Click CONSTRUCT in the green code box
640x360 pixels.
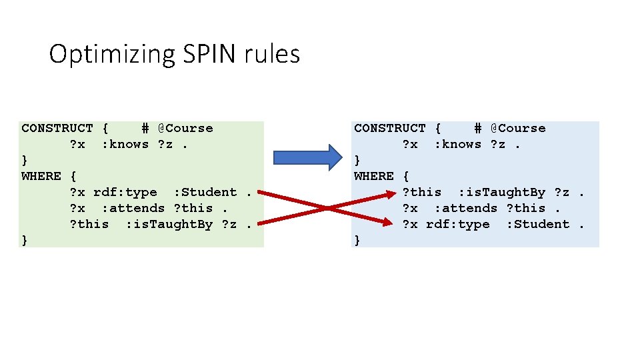click(57, 128)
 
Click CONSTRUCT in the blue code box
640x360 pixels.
click(389, 128)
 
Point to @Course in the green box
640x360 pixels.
click(185, 128)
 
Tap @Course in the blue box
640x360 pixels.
click(518, 128)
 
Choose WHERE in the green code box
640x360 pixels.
click(41, 176)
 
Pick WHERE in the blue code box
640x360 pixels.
click(374, 176)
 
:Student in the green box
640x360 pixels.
click(205, 192)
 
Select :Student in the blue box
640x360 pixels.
click(538, 224)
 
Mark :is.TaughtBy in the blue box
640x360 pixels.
click(502, 192)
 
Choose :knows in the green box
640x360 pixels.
click(125, 144)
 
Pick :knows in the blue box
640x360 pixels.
click(457, 144)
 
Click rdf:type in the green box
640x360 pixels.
click(125, 192)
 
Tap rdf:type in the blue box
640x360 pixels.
click(458, 224)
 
